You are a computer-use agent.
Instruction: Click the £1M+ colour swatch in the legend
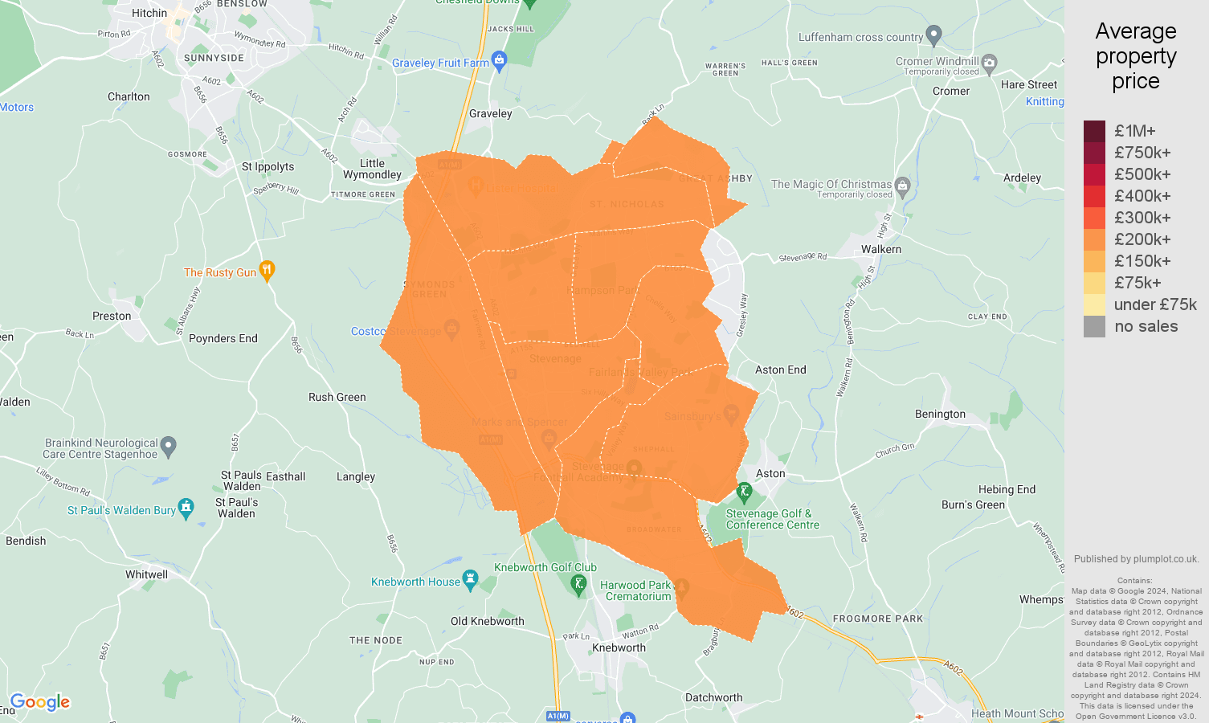click(1094, 131)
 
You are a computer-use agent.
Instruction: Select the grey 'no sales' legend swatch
click(1094, 326)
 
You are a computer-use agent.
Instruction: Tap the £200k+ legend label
click(1142, 239)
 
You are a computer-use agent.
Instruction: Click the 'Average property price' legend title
click(1135, 56)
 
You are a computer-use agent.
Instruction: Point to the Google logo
click(40, 702)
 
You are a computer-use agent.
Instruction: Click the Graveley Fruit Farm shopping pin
click(499, 61)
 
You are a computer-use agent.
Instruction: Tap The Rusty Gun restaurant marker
click(268, 271)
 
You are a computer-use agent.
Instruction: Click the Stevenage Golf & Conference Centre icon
click(744, 491)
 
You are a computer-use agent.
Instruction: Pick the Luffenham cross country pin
click(933, 35)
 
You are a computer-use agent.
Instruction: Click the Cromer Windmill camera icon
click(990, 62)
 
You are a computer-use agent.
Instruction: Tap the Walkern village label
click(881, 249)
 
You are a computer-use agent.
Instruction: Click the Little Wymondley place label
click(372, 169)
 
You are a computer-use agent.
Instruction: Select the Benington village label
click(940, 414)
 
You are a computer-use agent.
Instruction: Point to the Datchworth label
click(713, 697)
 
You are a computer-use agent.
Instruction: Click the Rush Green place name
click(337, 397)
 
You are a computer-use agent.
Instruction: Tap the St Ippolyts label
click(268, 166)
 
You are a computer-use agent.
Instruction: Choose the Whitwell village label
click(146, 574)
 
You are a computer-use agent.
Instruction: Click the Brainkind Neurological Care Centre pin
click(168, 447)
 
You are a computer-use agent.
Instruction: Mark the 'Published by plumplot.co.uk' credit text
click(1136, 559)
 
